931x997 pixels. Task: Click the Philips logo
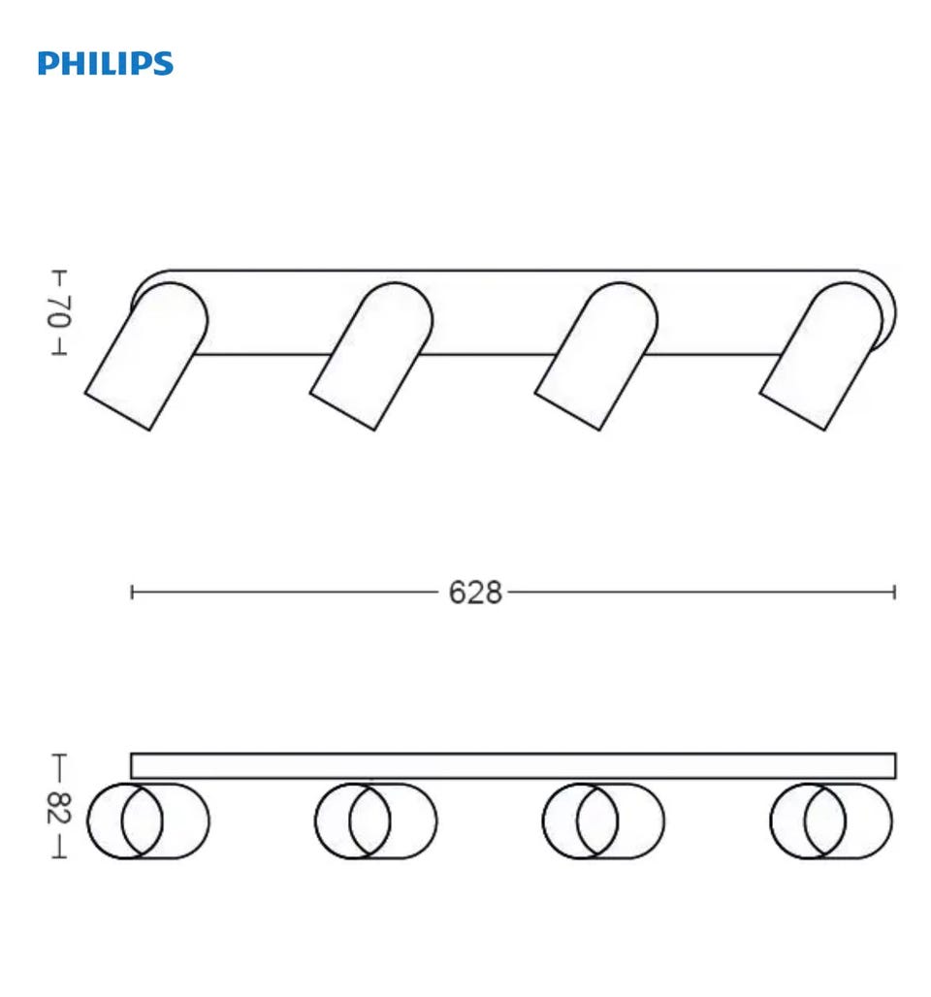106,64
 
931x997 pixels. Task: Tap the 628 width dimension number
475,593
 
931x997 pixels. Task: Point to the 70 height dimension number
58,311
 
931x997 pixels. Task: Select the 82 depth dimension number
58,808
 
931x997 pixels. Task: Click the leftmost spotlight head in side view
146,356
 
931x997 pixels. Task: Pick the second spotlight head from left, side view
372,356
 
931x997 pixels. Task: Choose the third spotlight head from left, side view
597,356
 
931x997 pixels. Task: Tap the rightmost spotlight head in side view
822,356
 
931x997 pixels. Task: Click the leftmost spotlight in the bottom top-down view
148,820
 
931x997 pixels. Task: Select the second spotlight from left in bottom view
376,820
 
